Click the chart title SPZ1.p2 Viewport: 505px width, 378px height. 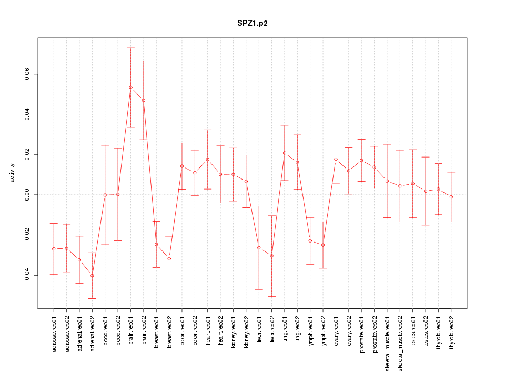tap(252, 24)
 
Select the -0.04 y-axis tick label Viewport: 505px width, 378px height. tap(26, 275)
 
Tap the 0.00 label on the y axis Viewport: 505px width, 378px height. tap(26, 195)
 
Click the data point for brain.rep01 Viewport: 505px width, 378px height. tap(130, 87)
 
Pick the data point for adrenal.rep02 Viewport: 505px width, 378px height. tap(92, 276)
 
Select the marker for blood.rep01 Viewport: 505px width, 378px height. tap(105, 195)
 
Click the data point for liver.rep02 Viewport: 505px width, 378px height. tap(271, 256)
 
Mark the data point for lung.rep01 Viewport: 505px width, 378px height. tap(285, 153)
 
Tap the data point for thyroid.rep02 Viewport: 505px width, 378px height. tap(451, 197)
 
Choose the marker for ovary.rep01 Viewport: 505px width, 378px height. tap(336, 159)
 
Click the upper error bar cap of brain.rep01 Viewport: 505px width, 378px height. tap(130, 48)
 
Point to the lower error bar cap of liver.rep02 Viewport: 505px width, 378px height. tap(271, 296)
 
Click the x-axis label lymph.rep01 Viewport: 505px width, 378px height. tap(310, 331)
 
